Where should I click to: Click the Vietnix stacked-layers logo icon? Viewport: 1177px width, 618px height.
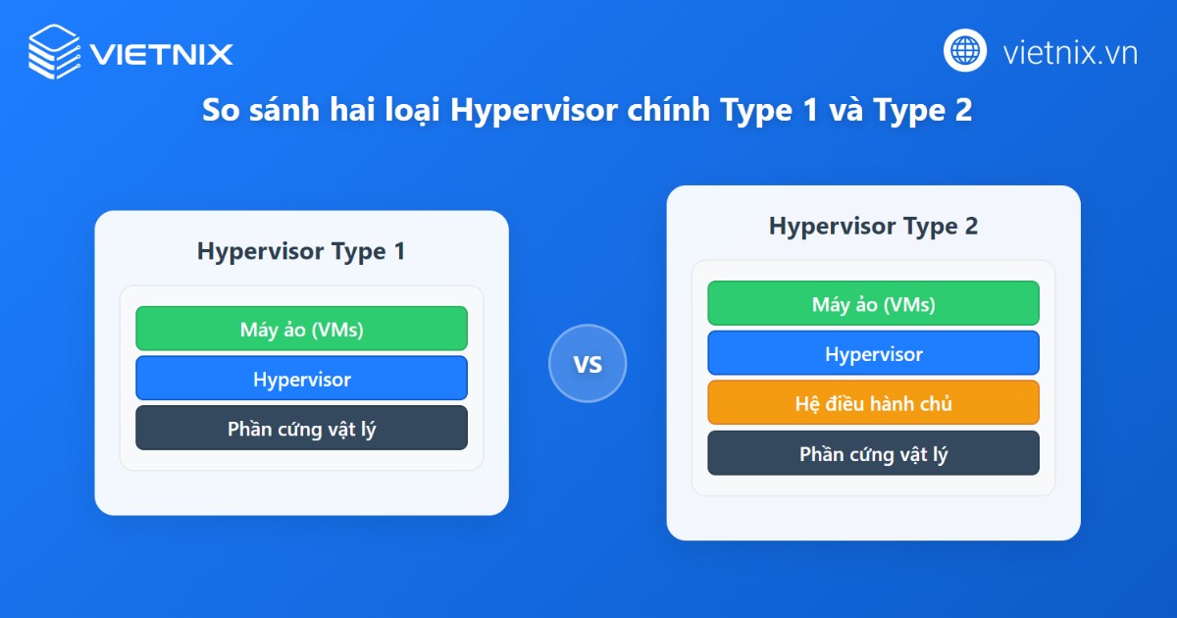(55, 51)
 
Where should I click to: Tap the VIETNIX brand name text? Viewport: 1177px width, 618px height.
(161, 53)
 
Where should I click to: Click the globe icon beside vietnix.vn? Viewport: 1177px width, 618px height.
(965, 51)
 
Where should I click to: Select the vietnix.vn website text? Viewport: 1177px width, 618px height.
(1070, 52)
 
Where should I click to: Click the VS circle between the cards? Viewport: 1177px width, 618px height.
(587, 364)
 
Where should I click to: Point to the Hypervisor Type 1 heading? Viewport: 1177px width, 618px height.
(300, 251)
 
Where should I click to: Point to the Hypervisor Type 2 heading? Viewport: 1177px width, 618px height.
(873, 226)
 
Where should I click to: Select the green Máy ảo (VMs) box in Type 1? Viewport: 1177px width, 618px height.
(301, 329)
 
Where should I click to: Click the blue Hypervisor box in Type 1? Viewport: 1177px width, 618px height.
(301, 379)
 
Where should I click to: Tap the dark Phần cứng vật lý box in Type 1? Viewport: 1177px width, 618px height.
(301, 429)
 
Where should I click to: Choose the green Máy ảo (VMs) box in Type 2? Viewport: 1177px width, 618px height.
(873, 304)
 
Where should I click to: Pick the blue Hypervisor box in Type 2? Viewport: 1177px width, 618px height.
(873, 353)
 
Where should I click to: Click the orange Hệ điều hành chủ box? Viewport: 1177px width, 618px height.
(873, 403)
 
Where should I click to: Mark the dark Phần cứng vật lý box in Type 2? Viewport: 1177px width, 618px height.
(873, 454)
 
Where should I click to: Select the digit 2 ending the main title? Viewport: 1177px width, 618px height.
(963, 111)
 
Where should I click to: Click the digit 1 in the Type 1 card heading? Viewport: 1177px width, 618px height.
(398, 251)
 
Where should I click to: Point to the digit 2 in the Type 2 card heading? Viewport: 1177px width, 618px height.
(970, 226)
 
